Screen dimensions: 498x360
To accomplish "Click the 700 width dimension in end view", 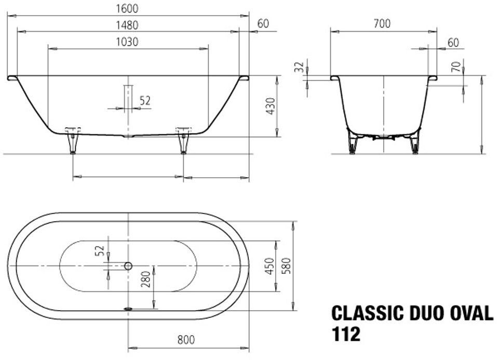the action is [382, 23].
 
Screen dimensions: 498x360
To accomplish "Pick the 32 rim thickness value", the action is [299, 67].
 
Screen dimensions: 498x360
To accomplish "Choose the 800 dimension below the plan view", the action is [185, 340].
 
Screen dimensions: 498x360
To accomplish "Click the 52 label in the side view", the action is [145, 101].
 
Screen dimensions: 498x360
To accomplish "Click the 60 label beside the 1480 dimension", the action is [263, 23].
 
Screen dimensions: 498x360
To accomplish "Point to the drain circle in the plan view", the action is [128, 265].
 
